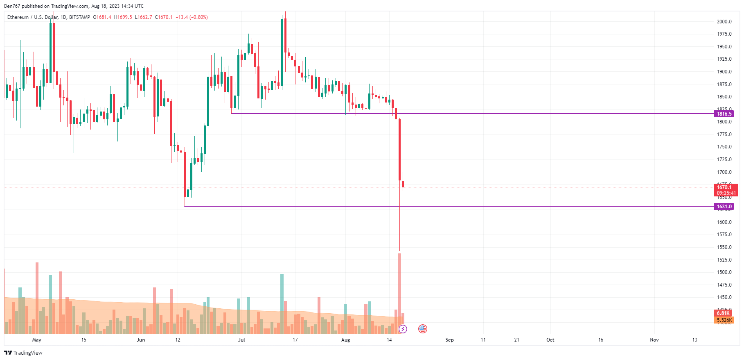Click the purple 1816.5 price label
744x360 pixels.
pos(724,114)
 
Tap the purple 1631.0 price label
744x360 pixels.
pos(724,207)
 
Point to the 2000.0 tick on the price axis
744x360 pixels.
pos(724,22)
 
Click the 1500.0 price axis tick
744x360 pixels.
pos(724,272)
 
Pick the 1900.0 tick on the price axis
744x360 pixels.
pos(724,72)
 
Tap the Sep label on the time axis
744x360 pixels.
pos(449,340)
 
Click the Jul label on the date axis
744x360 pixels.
pos(241,340)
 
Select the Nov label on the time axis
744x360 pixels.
pos(654,340)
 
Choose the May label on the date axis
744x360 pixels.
pos(37,340)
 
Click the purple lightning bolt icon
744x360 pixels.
pos(403,329)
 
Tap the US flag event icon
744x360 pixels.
pos(423,329)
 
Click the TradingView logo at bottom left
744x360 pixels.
pos(23,353)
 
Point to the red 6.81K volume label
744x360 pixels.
pos(724,313)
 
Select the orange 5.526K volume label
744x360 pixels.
pos(724,320)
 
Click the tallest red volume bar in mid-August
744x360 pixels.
pos(399,293)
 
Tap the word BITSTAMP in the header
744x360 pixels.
pos(79,17)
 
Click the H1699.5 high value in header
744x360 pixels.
pos(123,17)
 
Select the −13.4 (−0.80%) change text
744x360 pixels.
pos(192,17)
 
